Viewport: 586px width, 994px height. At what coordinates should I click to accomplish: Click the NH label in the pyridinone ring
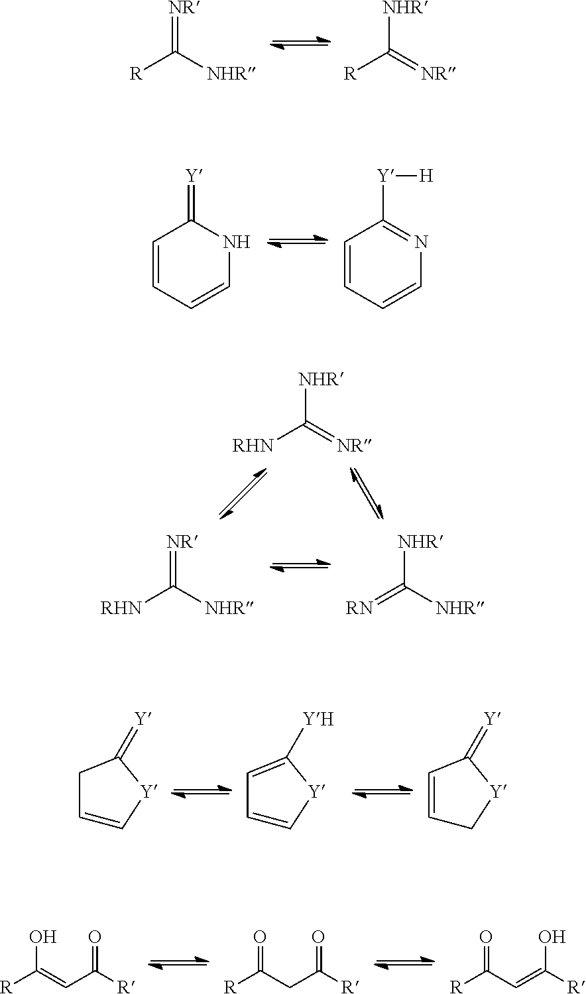point(237,242)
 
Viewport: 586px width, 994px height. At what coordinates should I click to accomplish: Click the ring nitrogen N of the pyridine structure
point(421,242)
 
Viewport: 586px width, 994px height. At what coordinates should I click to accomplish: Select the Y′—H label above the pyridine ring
point(405,176)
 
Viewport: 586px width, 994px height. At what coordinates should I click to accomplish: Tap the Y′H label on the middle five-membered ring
point(318,719)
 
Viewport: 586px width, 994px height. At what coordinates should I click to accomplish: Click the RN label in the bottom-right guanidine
point(359,608)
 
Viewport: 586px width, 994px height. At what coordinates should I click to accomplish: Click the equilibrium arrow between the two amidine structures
point(301,43)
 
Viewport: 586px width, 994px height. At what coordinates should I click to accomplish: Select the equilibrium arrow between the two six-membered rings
point(298,242)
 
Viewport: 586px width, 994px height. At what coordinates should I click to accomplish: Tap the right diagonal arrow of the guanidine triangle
point(367,493)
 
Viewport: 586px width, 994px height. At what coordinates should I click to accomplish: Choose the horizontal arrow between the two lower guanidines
point(301,566)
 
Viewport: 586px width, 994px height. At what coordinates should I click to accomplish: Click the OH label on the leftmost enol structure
point(43,937)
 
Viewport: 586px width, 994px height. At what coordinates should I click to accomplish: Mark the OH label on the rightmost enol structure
point(552,937)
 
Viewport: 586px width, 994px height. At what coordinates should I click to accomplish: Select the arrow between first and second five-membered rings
point(202,792)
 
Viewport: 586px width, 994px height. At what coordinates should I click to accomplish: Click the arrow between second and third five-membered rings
point(382,792)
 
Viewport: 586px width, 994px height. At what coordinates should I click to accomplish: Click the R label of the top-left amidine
point(136,74)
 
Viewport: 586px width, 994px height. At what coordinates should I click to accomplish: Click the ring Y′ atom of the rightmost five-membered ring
point(498,792)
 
